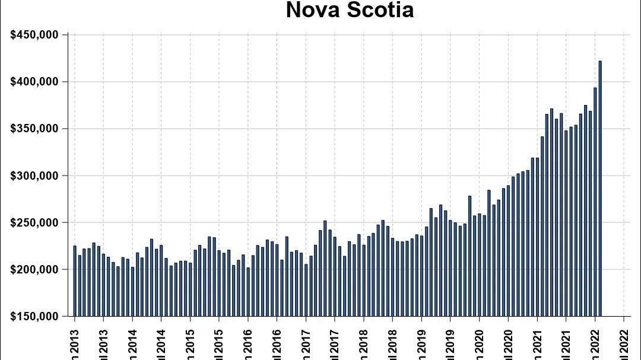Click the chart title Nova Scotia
pos(350,10)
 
